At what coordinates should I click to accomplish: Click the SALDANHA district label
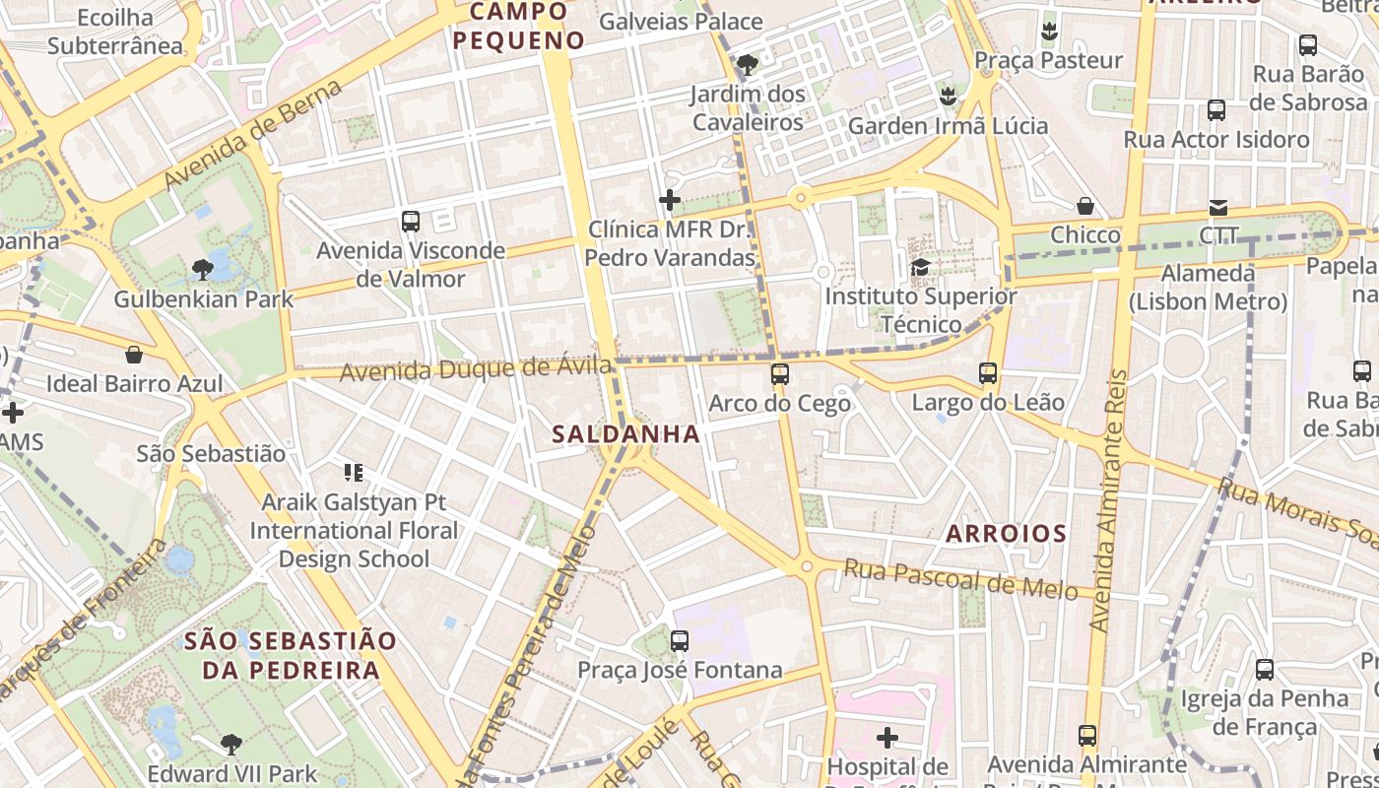point(625,433)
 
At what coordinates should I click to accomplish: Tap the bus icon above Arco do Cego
point(780,374)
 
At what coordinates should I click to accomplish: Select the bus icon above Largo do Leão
point(988,373)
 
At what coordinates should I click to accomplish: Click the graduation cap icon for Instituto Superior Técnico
point(921,267)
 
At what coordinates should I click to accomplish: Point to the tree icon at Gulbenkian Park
point(203,269)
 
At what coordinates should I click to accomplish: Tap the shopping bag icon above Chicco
point(1084,206)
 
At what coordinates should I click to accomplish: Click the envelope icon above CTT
point(1218,207)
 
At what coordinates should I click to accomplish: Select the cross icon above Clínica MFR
point(670,201)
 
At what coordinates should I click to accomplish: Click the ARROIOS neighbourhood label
point(1006,534)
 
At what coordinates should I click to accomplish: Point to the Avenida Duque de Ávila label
point(476,370)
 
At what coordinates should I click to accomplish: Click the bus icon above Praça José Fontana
point(680,641)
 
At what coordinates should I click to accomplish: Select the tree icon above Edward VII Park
point(231,744)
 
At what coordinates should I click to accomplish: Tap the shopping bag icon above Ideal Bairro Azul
point(134,355)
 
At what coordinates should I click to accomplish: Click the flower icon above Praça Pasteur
point(1049,31)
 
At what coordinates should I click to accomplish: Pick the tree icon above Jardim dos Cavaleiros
point(748,65)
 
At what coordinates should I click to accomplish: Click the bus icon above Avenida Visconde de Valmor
point(411,222)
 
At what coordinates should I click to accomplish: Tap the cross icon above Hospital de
point(887,737)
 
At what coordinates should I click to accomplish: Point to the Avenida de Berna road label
point(253,134)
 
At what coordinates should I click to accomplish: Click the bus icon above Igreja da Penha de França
point(1265,670)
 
